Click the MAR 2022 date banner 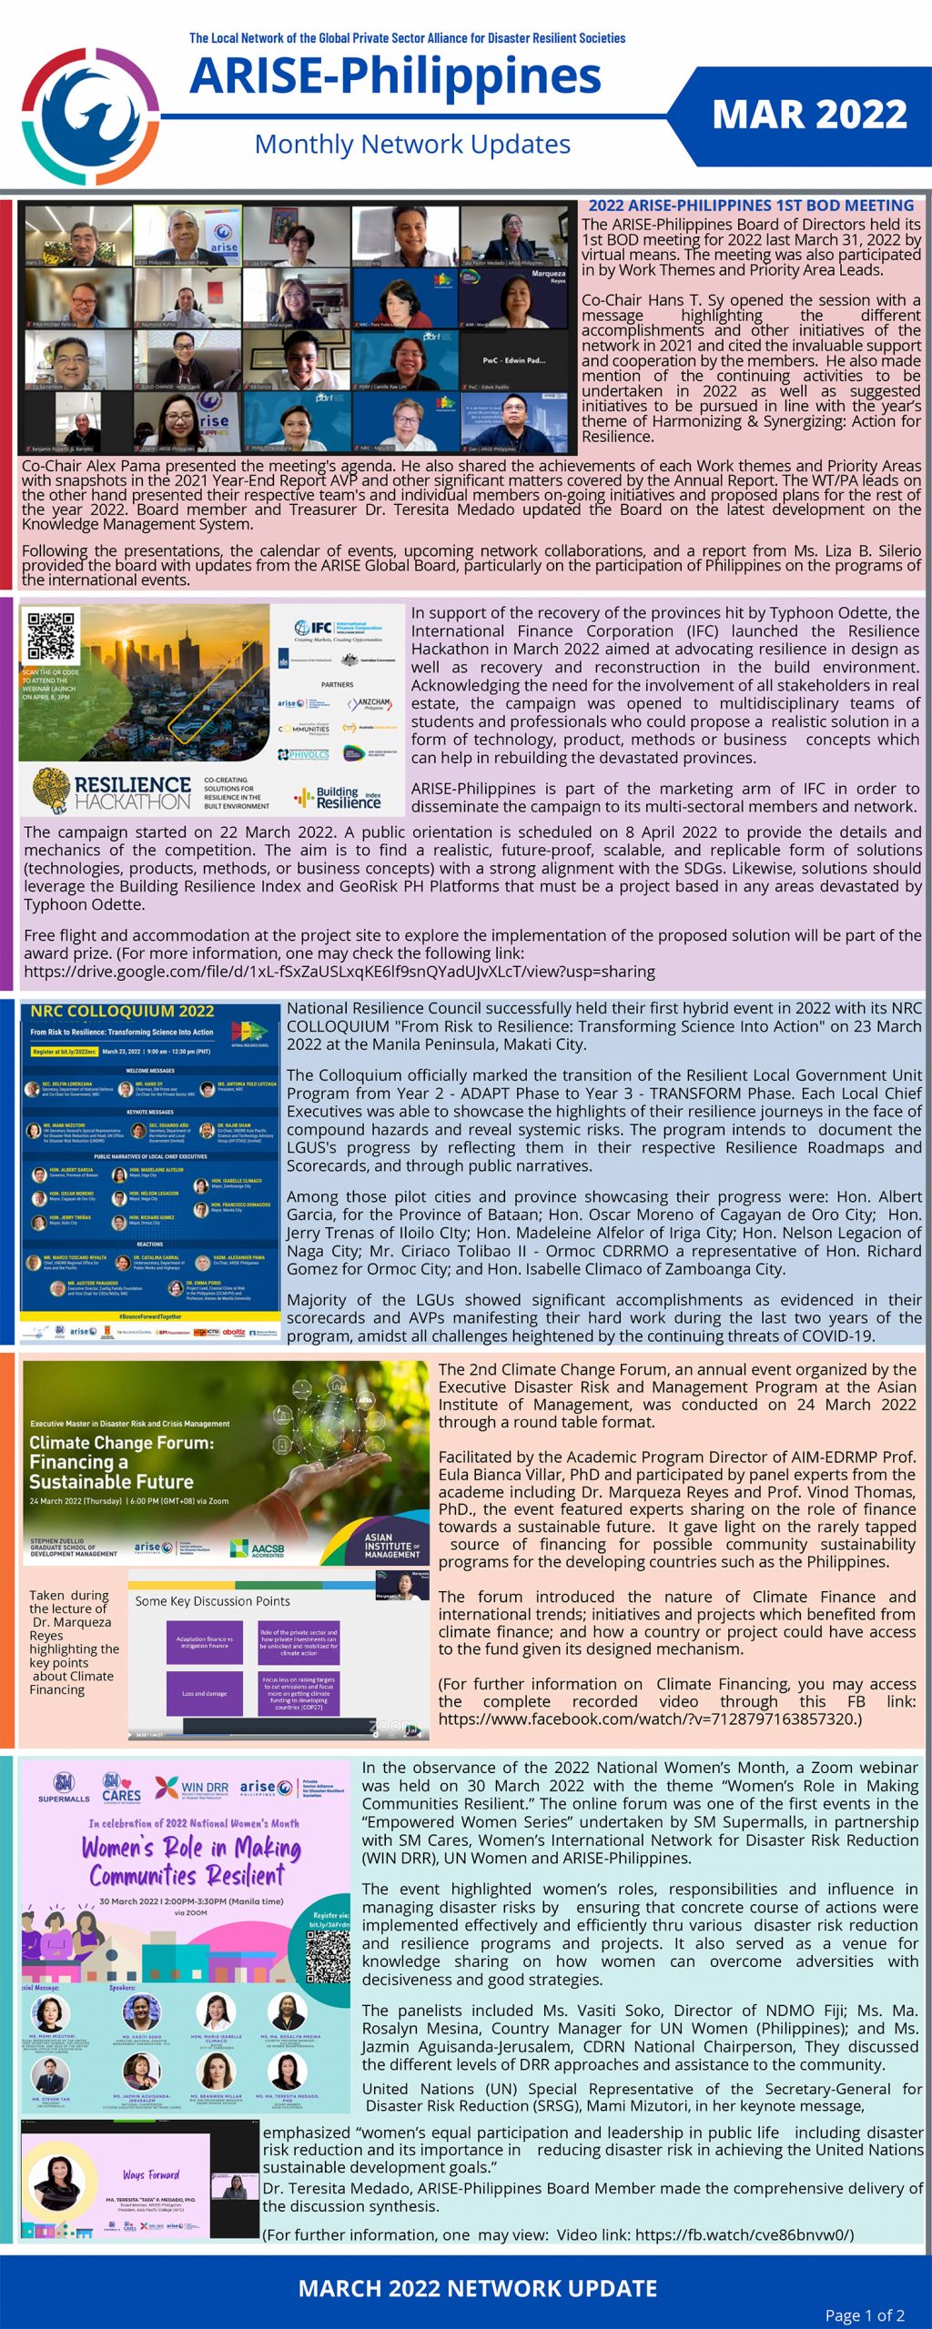point(809,115)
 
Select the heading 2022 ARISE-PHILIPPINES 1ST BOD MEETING point(751,206)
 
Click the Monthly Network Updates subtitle point(412,145)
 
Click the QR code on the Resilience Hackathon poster point(51,636)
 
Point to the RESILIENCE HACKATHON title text point(133,791)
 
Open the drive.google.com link point(339,971)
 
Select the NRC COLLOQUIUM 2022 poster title point(122,1011)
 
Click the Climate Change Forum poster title point(121,1461)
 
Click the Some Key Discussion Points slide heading point(212,1600)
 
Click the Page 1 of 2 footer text point(864,2314)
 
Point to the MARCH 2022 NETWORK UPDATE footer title point(478,2288)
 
